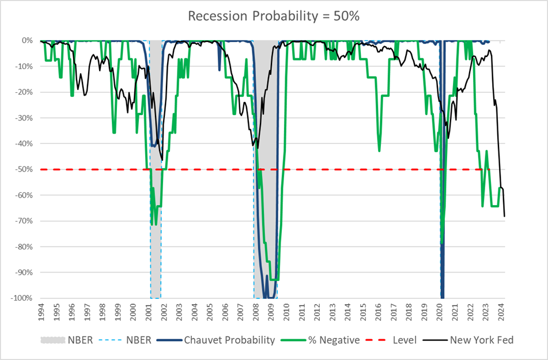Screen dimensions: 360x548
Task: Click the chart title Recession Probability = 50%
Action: click(x=274, y=16)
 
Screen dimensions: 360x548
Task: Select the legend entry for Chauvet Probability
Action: click(x=229, y=340)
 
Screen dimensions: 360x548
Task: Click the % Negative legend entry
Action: click(x=328, y=340)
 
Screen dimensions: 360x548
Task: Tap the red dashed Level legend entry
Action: click(x=399, y=340)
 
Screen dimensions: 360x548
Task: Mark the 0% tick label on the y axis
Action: click(x=28, y=40)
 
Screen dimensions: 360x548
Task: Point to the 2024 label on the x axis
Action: click(x=501, y=312)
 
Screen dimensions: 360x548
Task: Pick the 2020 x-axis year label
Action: click(x=440, y=312)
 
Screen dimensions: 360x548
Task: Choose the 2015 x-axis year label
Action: click(x=364, y=312)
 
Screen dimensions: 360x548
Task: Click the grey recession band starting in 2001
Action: click(x=155, y=230)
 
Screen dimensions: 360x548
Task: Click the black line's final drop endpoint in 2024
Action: click(x=504, y=216)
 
